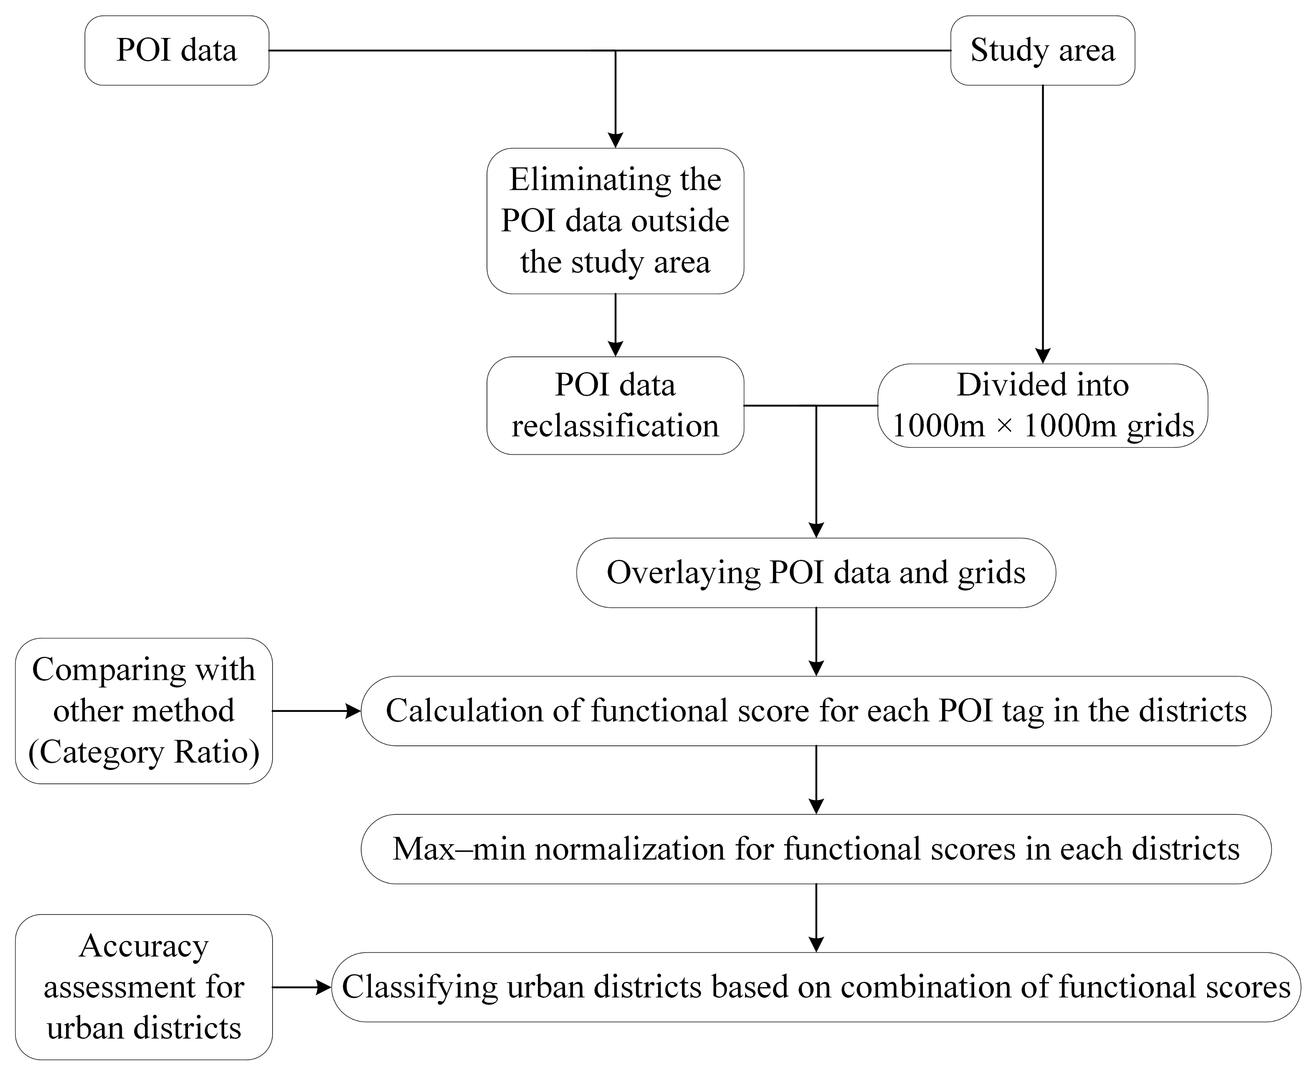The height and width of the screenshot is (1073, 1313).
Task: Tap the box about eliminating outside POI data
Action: tap(615, 221)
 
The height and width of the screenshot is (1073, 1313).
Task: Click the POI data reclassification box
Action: tap(615, 406)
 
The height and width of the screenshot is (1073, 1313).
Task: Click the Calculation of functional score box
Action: tap(816, 711)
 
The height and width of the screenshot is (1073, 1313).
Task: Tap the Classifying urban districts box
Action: tap(816, 987)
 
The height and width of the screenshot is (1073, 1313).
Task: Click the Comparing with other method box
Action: tap(144, 711)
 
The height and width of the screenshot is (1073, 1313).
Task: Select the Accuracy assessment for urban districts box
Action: tap(144, 987)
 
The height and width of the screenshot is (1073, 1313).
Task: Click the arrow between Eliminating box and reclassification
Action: tap(615, 325)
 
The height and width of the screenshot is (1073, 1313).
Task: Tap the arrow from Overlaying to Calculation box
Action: tap(816, 642)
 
